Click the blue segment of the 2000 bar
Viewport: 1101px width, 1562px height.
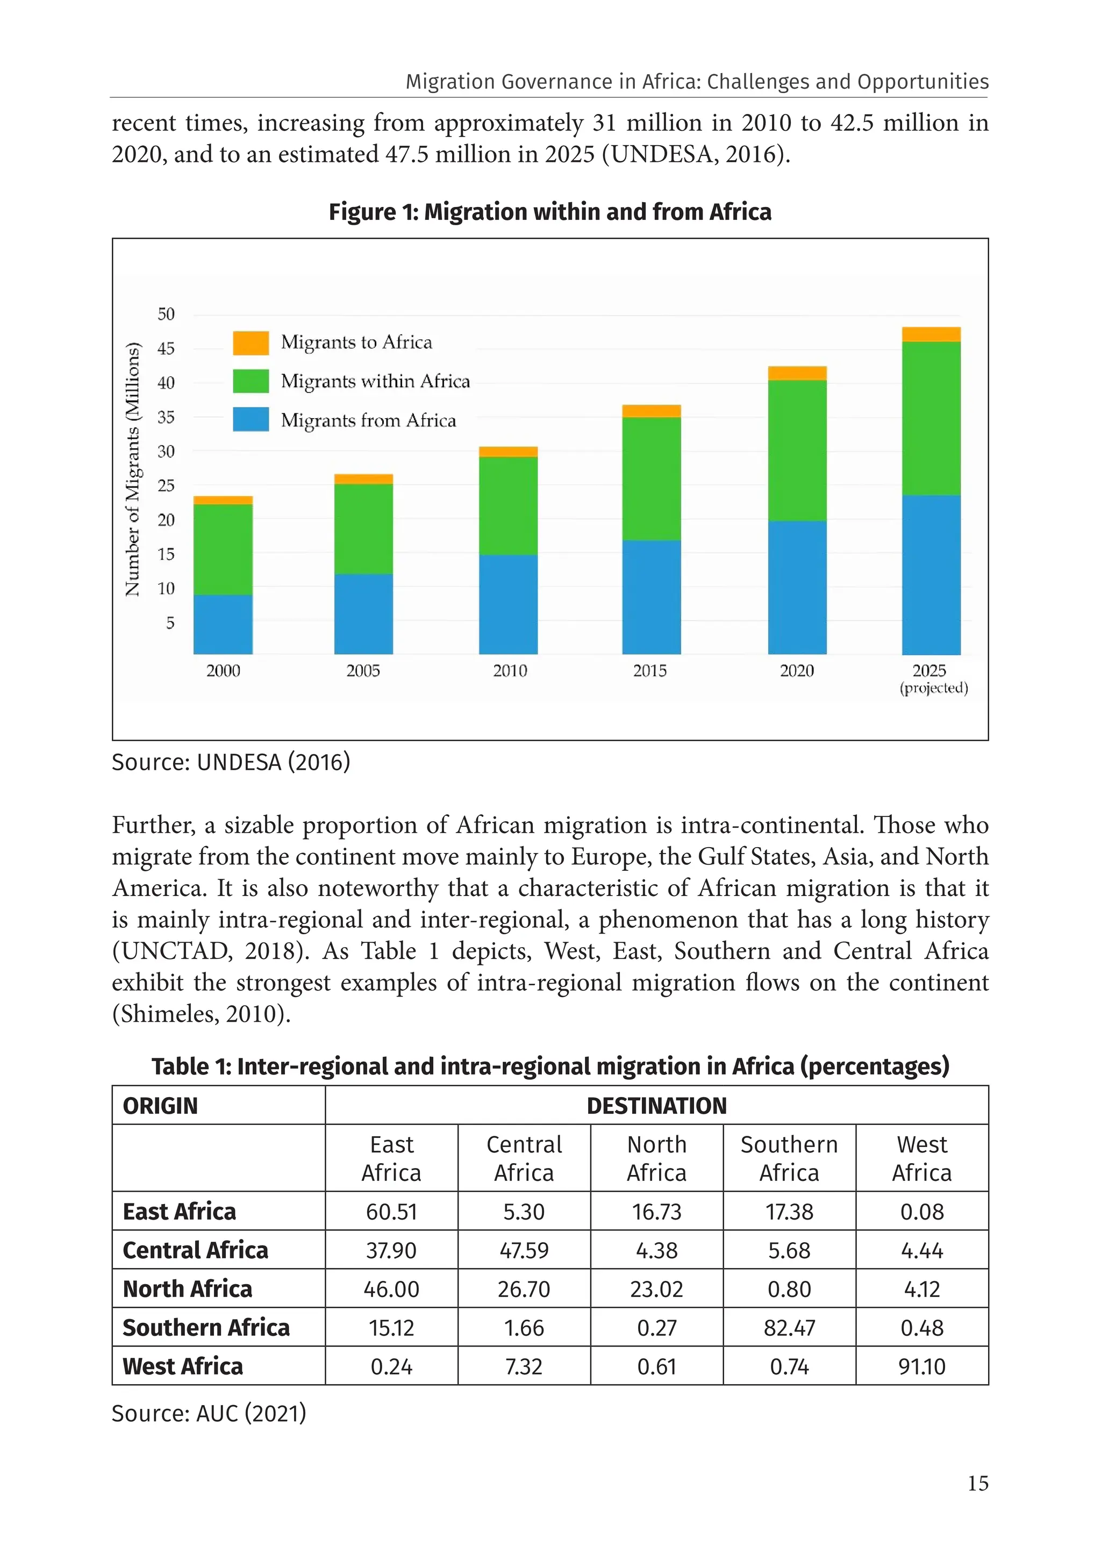[x=223, y=624]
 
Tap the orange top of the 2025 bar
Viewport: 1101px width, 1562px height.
[x=931, y=334]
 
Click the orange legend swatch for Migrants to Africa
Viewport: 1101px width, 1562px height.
[x=251, y=343]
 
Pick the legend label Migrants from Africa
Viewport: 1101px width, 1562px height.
[x=368, y=420]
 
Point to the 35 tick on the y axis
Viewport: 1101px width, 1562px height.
[x=166, y=417]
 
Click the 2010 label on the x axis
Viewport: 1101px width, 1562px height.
[x=510, y=671]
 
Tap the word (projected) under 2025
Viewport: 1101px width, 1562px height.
[x=934, y=688]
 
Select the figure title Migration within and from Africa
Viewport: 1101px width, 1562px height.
[x=550, y=212]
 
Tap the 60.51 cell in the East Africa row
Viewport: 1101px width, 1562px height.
[x=391, y=1212]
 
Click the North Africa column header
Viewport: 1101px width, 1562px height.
[x=656, y=1158]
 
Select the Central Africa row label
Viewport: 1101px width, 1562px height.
[x=195, y=1250]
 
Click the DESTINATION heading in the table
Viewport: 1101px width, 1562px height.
[x=656, y=1106]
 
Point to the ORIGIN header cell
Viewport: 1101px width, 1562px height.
[x=161, y=1106]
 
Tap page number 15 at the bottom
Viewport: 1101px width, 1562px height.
[x=978, y=1483]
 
